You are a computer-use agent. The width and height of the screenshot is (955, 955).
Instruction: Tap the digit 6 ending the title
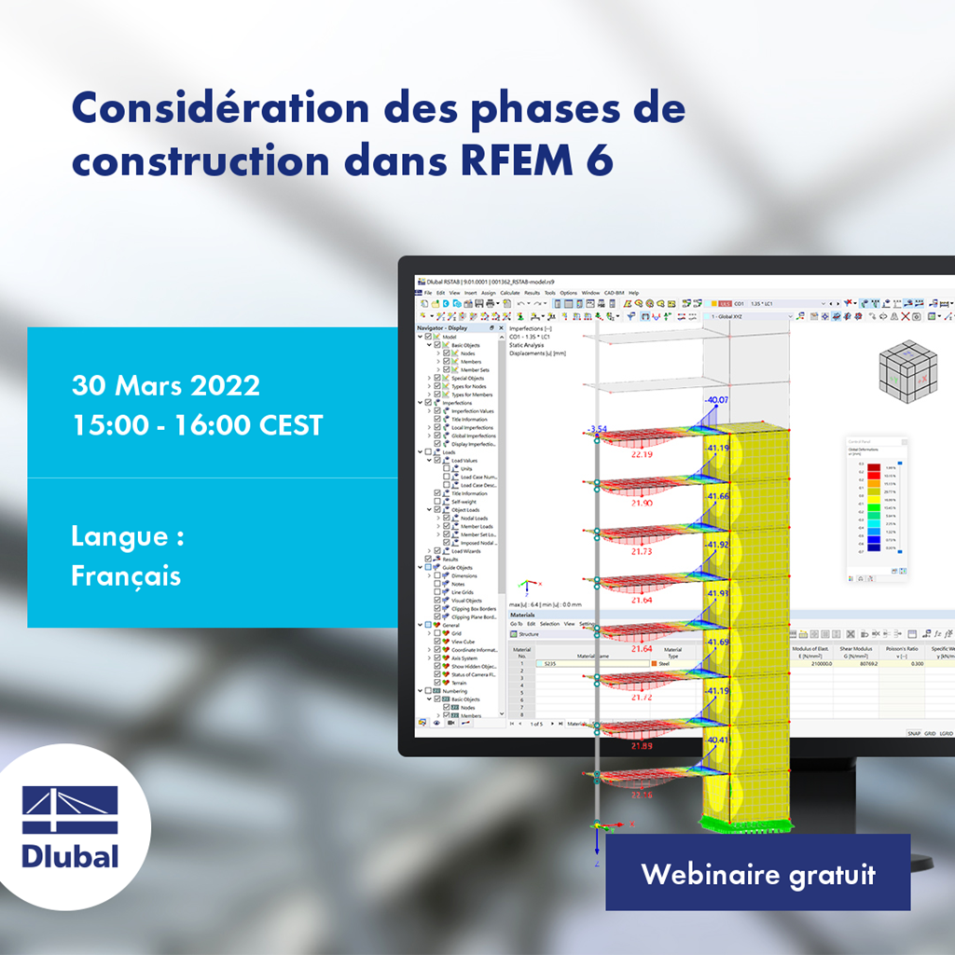[601, 161]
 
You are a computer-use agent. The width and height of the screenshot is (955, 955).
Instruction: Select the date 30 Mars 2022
[165, 385]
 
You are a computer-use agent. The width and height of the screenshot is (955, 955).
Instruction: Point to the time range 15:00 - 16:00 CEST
[197, 425]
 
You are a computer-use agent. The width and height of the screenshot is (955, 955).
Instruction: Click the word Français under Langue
[126, 575]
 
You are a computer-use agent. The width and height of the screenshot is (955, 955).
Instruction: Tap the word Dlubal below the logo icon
[71, 855]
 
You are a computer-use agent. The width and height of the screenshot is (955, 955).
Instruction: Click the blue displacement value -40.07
[718, 401]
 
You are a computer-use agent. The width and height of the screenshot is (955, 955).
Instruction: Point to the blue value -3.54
[598, 430]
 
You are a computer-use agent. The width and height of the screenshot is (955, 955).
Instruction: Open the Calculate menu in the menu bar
[509, 293]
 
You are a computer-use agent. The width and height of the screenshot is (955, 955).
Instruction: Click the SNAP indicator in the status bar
[914, 733]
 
